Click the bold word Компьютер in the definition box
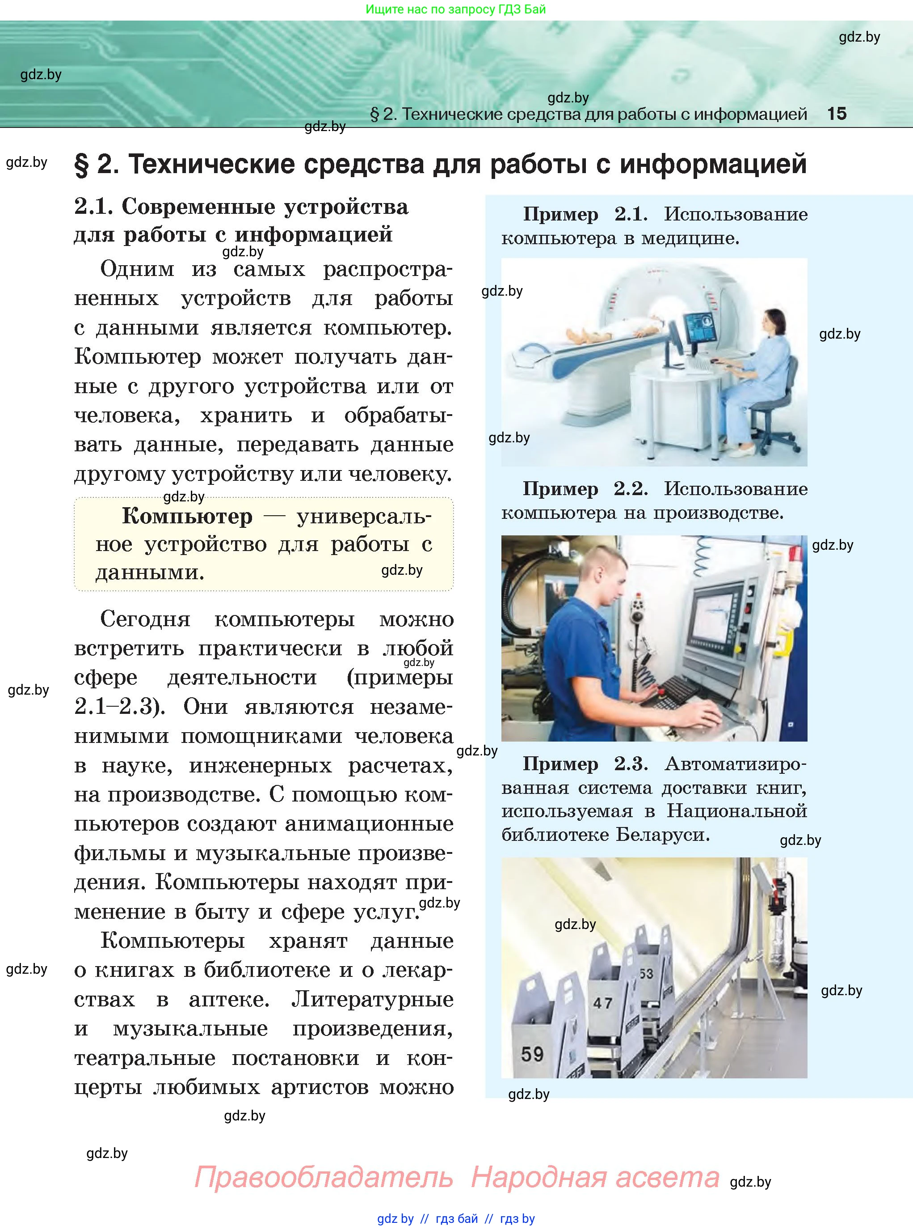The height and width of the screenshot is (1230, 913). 187,516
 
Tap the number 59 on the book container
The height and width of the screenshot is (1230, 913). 532,1054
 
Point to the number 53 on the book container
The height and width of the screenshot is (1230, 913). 646,973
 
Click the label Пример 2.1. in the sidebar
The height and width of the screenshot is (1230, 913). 585,214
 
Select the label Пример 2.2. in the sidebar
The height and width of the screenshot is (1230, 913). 585,489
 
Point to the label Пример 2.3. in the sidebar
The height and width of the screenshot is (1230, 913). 585,764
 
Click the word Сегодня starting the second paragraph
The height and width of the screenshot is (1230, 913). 145,619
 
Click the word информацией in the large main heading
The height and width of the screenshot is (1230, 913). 712,164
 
